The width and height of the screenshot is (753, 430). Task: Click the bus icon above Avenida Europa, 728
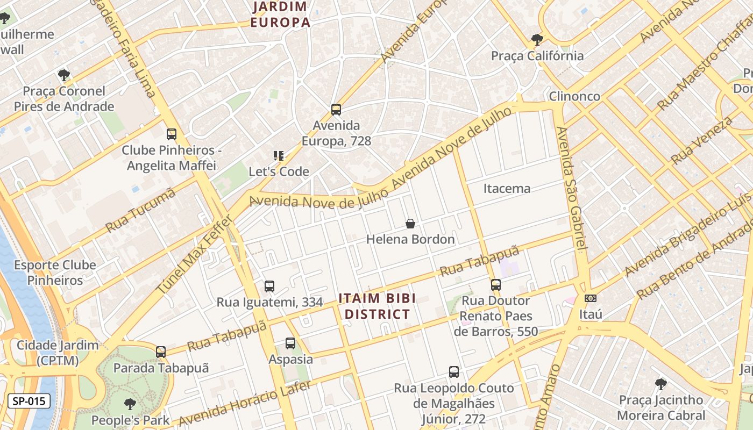tap(336, 110)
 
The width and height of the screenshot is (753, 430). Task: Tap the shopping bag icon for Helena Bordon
tap(410, 224)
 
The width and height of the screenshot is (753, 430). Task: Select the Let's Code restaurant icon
tap(279, 156)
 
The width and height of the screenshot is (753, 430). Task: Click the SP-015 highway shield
tap(29, 400)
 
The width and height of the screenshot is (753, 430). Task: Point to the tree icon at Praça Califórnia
tap(537, 40)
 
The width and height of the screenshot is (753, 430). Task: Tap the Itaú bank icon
tap(591, 298)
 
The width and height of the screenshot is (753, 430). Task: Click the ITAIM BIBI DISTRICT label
tap(377, 306)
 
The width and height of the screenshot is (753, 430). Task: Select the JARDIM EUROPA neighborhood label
tap(280, 15)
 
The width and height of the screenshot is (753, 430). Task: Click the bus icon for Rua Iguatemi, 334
tap(269, 286)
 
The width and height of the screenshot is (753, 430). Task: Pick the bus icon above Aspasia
tap(290, 343)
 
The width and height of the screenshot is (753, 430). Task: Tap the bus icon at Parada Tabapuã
tap(161, 352)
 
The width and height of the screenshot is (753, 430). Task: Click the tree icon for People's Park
tap(130, 404)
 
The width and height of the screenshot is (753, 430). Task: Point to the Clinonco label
tap(574, 96)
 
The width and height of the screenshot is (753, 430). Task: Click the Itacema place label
tap(507, 189)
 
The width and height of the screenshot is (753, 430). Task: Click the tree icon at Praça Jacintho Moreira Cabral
tap(661, 384)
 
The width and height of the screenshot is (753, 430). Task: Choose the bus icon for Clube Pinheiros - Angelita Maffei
tap(172, 134)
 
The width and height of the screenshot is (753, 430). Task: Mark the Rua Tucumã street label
tap(141, 210)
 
